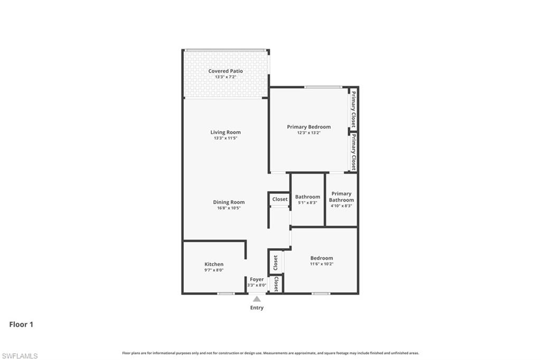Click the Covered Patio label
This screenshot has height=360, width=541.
pos(226,71)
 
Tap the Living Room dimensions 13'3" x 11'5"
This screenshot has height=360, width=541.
pos(226,138)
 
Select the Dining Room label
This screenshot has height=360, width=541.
pos(229,202)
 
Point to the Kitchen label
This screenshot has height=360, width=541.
pos(214,264)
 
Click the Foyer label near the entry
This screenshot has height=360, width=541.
pos(257,279)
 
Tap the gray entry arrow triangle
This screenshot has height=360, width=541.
pos(257,299)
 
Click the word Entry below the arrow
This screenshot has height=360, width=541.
pos(257,308)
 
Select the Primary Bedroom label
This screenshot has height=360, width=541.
pos(309,127)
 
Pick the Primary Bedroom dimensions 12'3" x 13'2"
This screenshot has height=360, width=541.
pos(309,133)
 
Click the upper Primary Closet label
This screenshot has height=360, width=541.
pos(353,109)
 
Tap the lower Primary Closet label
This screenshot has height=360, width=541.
pos(353,151)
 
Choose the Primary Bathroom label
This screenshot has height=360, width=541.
pos(341,197)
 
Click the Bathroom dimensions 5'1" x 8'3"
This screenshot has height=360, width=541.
pos(307,203)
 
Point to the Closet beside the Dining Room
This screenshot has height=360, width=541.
pos(280,199)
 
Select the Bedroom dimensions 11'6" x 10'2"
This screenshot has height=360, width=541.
pos(321,264)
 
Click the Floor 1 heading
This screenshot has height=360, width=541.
pos(21,325)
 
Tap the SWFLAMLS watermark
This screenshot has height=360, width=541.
pos(20,356)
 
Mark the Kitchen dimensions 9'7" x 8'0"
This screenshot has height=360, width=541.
pos(214,270)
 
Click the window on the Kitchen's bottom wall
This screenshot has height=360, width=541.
pos(226,293)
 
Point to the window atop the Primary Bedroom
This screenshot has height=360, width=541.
pos(322,87)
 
